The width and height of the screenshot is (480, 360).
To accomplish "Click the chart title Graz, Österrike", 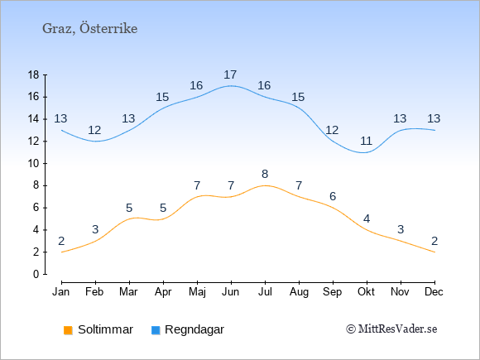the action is tap(89, 28).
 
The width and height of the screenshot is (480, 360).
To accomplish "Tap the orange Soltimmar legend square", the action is tap(68, 330).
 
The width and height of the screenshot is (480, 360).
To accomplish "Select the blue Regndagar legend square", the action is tap(156, 330).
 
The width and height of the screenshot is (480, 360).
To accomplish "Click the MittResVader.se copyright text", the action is tap(391, 329).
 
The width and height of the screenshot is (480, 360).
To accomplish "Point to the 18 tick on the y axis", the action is tap(34, 74).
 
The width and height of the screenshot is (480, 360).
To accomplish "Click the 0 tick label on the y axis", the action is tap(36, 274).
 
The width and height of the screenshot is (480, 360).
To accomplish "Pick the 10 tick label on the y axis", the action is tap(34, 164).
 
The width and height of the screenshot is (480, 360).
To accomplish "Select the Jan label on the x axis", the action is tap(61, 292).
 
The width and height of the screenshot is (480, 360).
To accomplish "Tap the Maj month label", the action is tap(197, 292).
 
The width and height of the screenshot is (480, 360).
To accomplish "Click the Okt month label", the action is tap(366, 292).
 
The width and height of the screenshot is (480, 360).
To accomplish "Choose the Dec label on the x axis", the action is tap(434, 292).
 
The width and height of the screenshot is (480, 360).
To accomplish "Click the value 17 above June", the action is tap(230, 74).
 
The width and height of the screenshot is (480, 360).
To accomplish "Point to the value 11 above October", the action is tap(366, 142).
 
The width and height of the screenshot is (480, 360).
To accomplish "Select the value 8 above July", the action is tap(265, 174).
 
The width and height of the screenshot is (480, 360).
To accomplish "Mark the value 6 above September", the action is tap(333, 196).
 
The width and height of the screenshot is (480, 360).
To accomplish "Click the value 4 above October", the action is tap(367, 218).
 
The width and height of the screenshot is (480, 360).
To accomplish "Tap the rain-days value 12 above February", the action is tap(94, 130).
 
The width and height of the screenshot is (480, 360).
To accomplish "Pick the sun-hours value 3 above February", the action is tap(95, 229).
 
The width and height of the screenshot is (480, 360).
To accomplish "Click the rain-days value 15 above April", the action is tap(162, 97).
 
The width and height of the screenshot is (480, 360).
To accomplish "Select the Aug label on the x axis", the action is tap(299, 292).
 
